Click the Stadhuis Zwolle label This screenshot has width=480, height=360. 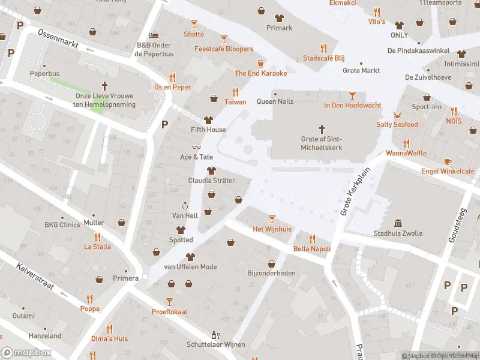click(398, 233)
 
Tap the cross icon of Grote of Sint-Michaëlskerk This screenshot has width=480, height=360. click(322, 129)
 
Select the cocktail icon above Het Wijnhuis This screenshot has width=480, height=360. click(272, 219)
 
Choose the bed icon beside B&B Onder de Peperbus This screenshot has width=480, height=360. click(154, 35)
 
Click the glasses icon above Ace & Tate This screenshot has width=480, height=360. click(196, 147)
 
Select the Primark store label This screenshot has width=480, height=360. click(279, 28)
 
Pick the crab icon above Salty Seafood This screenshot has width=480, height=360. click(397, 115)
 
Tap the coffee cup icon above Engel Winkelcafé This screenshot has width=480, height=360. click(448, 161)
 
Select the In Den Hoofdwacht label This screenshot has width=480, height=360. click(352, 105)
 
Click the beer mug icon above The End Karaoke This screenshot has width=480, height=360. click(260, 63)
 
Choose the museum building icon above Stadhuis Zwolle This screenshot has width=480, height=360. click(398, 223)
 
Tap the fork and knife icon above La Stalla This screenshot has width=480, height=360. click(97, 236)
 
